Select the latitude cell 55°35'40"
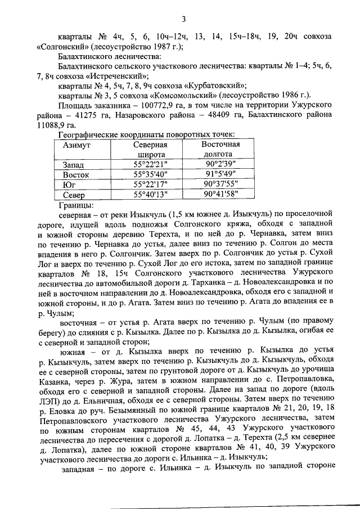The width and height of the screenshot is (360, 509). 150,175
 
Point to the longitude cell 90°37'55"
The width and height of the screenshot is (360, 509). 221,185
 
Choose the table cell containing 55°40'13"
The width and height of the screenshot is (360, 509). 150,195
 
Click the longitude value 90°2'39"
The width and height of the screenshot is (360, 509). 221,165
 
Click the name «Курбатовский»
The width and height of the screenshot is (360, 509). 216,85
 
